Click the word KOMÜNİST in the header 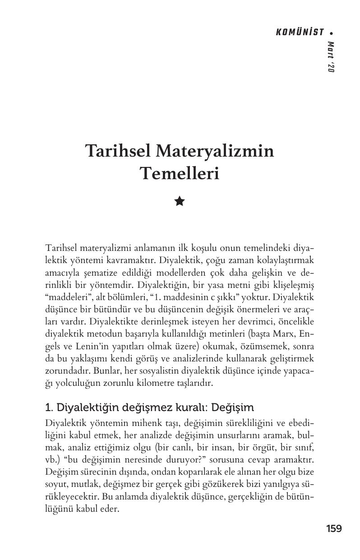coord(299,32)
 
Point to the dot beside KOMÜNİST coord(332,32)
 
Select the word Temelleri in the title coord(180,173)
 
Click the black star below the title coord(180,201)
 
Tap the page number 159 coord(334,528)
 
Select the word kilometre coord(158,384)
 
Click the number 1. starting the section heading coord(50,408)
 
